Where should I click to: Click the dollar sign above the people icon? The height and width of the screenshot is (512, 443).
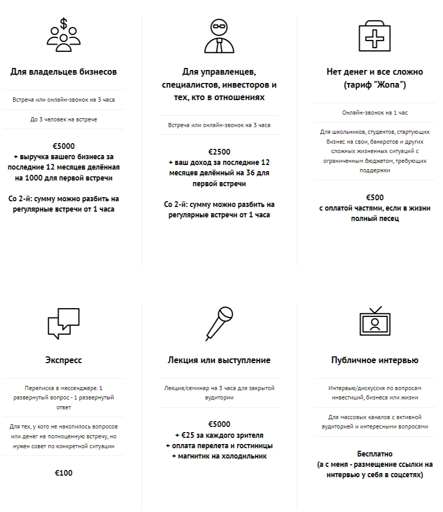pos(64,23)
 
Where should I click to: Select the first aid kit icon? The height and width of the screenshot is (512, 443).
pos(375,35)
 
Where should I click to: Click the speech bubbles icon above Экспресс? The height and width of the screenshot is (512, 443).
pos(64,323)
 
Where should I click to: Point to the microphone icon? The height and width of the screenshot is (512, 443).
pos(218,323)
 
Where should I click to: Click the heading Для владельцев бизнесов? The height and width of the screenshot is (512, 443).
pos(63,72)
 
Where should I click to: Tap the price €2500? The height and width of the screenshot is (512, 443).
pos(219,152)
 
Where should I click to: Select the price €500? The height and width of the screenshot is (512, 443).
pos(375,198)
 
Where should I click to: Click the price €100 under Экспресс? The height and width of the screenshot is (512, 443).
pos(64,473)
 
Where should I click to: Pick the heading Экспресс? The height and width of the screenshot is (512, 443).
pos(63,360)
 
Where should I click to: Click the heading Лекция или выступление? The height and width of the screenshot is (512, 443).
pos(219,360)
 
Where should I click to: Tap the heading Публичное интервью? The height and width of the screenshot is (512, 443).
pos(375,360)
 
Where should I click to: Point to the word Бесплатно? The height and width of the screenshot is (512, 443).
pos(375,454)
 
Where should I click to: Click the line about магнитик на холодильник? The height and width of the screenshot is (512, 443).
pos(219,455)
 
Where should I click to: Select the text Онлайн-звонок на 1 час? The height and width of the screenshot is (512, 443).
pos(375,112)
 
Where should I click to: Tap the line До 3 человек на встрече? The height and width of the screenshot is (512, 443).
pos(64,119)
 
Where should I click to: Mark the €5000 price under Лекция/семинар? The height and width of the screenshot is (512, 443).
pos(219,424)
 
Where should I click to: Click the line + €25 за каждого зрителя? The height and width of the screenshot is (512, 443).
pos(219,435)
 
